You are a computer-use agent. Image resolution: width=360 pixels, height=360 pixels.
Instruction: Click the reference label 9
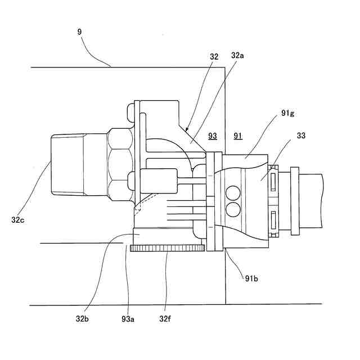[80, 32]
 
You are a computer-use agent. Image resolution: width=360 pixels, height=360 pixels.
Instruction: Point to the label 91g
[287, 114]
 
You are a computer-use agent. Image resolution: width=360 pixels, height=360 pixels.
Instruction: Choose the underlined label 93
[213, 136]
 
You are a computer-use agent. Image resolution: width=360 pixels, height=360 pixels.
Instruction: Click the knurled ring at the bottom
[167, 248]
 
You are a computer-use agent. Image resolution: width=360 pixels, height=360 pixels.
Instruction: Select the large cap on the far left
[67, 165]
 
